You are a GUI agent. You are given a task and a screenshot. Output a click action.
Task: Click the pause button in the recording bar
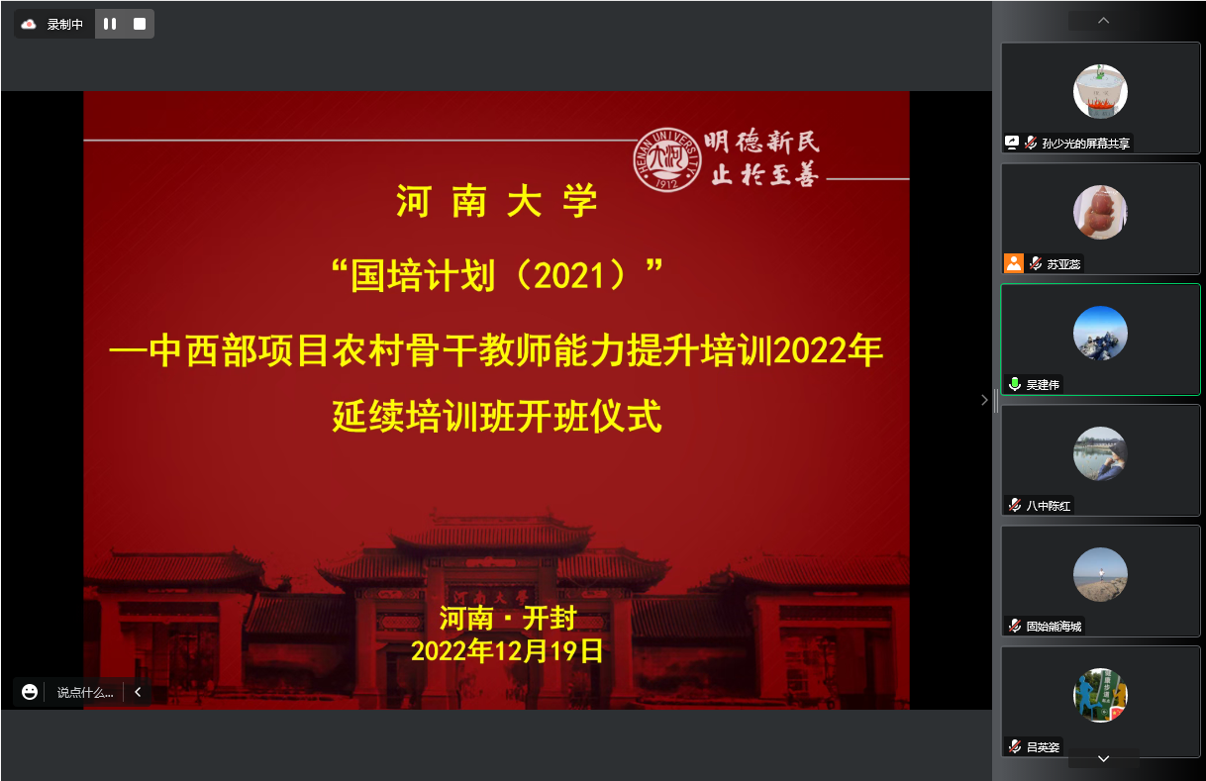point(110,24)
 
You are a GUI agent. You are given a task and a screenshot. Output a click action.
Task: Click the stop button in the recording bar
point(140,24)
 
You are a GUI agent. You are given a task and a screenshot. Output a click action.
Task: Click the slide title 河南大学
point(497,202)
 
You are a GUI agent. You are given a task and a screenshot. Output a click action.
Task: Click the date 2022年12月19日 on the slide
point(507,650)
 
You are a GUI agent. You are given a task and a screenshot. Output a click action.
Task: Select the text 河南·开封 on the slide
point(507,619)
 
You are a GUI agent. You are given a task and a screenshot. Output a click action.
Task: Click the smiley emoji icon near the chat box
point(30,692)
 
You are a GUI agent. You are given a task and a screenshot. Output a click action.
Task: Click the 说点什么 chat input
point(85,693)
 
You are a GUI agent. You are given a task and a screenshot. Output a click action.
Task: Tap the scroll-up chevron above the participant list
point(1103,21)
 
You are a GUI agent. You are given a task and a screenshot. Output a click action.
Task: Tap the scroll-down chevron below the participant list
point(1103,758)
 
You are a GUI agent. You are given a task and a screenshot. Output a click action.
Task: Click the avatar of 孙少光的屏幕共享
point(1100,91)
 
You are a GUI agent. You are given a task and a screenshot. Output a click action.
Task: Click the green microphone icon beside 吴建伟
point(1014,384)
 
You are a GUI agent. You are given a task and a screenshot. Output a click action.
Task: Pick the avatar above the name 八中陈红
point(1100,453)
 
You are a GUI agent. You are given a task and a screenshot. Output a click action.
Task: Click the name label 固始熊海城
point(1054,626)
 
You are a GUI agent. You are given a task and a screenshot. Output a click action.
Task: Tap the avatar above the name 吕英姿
point(1100,695)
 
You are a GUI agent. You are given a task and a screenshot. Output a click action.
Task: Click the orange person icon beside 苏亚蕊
point(1013,262)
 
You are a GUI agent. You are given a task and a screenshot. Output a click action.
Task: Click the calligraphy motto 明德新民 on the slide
point(761,142)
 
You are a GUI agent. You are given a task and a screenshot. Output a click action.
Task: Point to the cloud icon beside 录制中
point(29,24)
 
